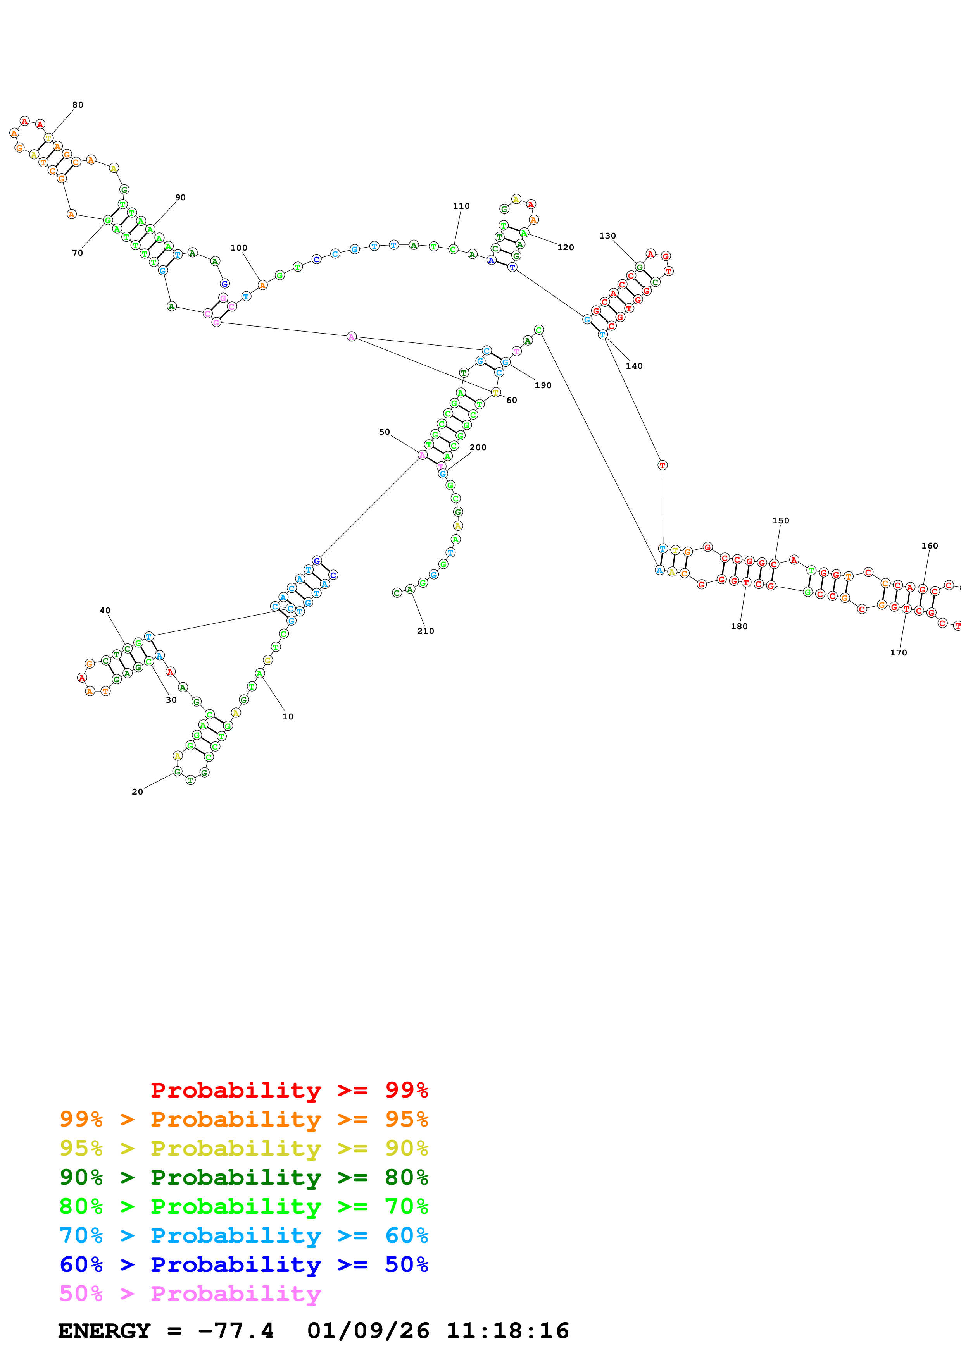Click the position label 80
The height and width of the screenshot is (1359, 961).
(x=78, y=105)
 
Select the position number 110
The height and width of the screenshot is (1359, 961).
(x=461, y=206)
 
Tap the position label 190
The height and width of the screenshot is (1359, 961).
(x=543, y=385)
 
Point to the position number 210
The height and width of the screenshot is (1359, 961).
(x=425, y=631)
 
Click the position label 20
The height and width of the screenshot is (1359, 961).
(x=137, y=791)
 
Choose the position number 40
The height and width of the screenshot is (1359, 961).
(x=105, y=610)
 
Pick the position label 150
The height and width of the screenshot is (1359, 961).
(x=780, y=520)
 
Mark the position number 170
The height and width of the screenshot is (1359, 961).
(x=898, y=652)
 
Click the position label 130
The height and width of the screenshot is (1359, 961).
(x=607, y=236)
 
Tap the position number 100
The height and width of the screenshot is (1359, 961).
(x=239, y=248)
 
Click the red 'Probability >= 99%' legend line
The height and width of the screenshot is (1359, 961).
(x=289, y=1090)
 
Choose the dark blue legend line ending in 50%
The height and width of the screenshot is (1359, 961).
(x=243, y=1264)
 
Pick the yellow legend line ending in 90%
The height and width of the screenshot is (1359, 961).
(x=243, y=1148)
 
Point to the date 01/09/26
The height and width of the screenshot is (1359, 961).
(x=368, y=1331)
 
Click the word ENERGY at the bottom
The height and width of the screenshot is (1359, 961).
(x=104, y=1331)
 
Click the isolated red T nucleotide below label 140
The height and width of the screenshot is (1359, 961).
(x=663, y=465)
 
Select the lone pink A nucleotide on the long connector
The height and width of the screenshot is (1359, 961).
(x=351, y=337)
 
